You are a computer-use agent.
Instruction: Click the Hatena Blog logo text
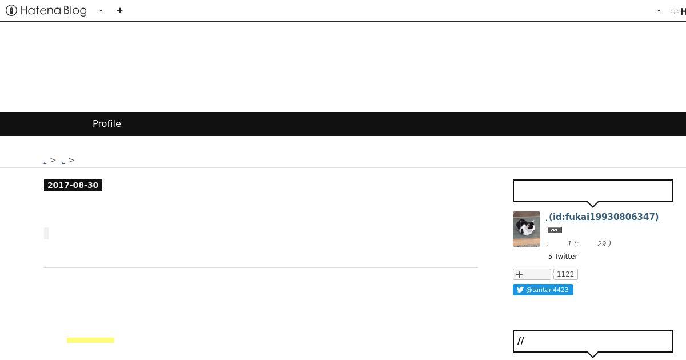pos(53,11)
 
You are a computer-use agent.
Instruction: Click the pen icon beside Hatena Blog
pos(11,10)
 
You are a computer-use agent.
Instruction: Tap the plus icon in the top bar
pos(119,11)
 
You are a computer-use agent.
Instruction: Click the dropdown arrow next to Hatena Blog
pos(101,11)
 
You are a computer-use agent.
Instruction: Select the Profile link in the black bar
pos(106,123)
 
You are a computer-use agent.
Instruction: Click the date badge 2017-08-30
pos(73,185)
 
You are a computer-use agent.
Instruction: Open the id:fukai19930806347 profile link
pos(602,217)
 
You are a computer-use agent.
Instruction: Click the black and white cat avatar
pos(527,229)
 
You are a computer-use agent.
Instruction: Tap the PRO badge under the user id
pos(555,230)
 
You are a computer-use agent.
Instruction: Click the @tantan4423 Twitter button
pos(543,290)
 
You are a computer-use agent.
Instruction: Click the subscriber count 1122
pos(565,274)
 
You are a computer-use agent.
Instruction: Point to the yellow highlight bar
pos(91,340)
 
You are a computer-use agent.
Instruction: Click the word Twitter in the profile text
pos(566,256)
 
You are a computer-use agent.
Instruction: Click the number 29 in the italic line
pos(601,243)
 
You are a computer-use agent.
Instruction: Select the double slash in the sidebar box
pos(521,341)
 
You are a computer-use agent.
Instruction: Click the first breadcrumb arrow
pos(53,160)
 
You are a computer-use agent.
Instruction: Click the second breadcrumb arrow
pos(71,160)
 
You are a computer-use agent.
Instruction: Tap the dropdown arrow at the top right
pos(659,11)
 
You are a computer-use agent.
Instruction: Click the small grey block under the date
pos(46,233)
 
